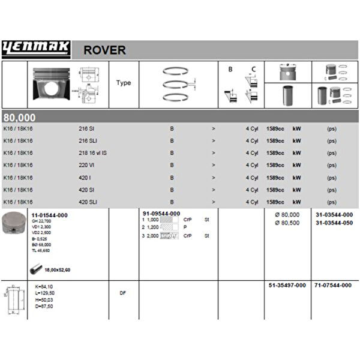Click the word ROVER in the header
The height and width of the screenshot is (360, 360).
[104, 50]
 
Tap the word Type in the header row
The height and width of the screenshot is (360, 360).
[124, 83]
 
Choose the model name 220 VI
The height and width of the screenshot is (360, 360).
[86, 165]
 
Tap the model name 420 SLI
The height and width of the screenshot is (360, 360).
[88, 202]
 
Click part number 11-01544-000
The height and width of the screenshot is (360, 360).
[49, 215]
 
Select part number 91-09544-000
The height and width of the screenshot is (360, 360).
[161, 214]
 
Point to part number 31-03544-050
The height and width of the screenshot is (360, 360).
[334, 223]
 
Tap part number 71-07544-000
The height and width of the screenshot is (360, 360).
[333, 286]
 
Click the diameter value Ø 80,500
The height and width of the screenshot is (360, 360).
[287, 223]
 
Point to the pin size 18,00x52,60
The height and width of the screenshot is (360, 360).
[58, 270]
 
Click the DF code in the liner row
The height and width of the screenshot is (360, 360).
[122, 293]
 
